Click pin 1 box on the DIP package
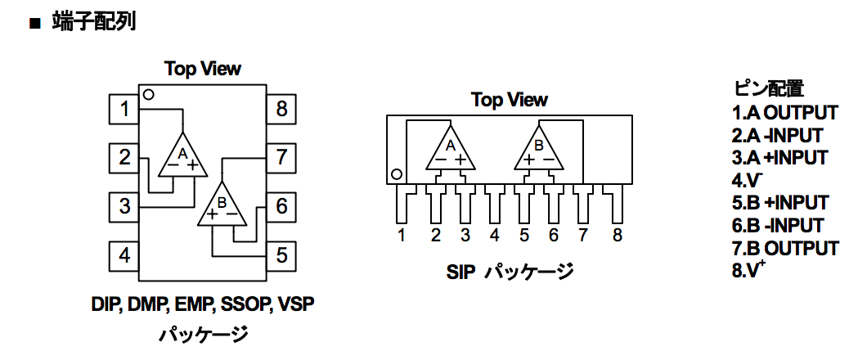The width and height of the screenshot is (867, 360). point(124,109)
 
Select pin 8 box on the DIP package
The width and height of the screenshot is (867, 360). point(281,109)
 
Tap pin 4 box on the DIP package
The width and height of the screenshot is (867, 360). point(124,255)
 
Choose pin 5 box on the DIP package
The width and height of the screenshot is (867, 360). point(281,255)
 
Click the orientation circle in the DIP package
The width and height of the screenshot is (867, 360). point(148,95)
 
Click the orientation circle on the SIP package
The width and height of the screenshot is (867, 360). point(396,175)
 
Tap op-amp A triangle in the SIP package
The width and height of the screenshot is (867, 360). point(451,148)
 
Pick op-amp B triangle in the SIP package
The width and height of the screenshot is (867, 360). point(539,148)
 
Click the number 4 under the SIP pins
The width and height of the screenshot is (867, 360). point(494,236)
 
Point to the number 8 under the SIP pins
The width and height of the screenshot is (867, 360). point(617,236)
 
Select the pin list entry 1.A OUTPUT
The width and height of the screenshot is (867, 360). point(785,113)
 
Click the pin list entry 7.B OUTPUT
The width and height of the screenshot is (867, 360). point(786,248)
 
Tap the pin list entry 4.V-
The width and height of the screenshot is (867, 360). point(744,180)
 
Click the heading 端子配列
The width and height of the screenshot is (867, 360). point(94,23)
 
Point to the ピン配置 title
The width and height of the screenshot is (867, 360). point(769,88)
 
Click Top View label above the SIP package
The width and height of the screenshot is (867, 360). point(510,100)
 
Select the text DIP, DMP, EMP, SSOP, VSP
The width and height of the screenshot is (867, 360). point(203,304)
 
